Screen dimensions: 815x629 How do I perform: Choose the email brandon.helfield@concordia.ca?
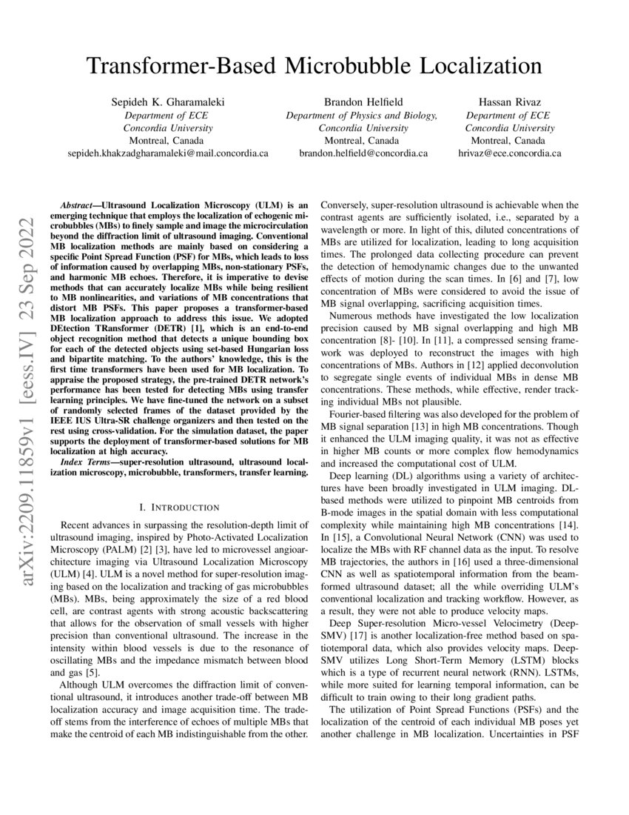pyautogui.click(x=363, y=153)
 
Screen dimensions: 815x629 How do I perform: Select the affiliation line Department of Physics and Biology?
pyautogui.click(x=362, y=116)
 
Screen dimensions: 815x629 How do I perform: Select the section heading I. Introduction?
pyautogui.click(x=179, y=508)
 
